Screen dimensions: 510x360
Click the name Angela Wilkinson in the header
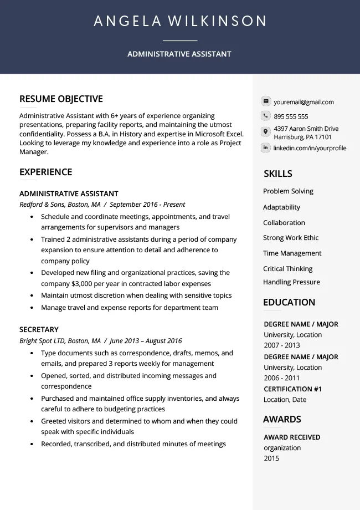click(x=180, y=22)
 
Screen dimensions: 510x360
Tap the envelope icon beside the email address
click(x=266, y=101)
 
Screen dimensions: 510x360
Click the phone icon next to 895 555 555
click(x=266, y=116)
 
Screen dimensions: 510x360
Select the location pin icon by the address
click(x=266, y=132)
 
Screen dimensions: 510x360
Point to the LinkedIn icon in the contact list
click(x=266, y=148)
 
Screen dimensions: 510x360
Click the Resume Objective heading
click(x=61, y=99)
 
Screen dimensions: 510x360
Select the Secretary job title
click(x=39, y=329)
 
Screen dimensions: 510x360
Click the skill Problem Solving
click(x=288, y=191)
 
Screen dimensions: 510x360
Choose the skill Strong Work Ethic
click(x=291, y=238)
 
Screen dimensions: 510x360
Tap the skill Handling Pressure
click(x=291, y=282)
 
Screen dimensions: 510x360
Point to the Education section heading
click(x=289, y=303)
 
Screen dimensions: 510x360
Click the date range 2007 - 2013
click(x=282, y=345)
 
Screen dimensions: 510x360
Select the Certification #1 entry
click(x=292, y=389)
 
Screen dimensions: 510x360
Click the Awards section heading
click(x=282, y=420)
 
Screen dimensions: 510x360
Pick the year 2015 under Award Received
click(x=271, y=458)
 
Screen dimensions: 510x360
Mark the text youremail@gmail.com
click(x=304, y=102)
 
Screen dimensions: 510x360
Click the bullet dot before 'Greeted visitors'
click(x=32, y=421)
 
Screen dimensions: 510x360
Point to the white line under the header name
click(x=180, y=40)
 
